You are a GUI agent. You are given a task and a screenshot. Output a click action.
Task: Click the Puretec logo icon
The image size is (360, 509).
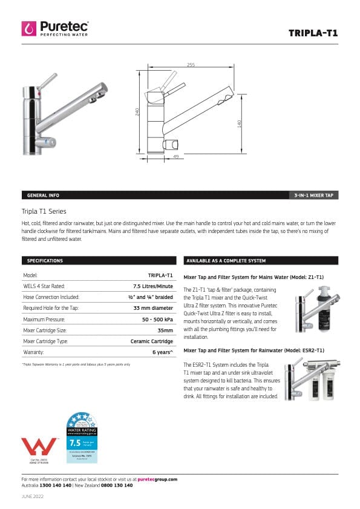28,28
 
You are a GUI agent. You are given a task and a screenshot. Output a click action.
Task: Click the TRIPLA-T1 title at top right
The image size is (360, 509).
313,33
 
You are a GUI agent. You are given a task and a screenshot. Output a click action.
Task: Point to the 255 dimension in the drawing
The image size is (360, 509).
191,65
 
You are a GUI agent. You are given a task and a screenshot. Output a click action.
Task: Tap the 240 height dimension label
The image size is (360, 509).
138,113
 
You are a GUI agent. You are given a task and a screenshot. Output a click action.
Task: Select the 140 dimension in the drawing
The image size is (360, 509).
240,123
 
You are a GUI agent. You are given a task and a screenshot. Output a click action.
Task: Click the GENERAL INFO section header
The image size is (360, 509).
43,195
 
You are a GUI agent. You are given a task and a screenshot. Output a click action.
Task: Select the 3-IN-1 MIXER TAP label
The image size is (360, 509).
313,195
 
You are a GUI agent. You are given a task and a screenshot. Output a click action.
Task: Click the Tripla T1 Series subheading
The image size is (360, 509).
44,211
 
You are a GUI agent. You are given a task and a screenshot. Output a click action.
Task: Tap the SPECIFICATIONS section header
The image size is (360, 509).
45,261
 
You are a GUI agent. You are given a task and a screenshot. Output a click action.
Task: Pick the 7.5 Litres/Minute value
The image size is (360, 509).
153,286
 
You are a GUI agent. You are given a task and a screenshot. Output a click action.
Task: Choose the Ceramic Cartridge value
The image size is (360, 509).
152,341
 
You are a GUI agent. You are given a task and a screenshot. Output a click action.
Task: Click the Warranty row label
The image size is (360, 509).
33,352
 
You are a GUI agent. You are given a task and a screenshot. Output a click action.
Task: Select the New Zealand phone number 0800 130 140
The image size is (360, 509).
116,485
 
